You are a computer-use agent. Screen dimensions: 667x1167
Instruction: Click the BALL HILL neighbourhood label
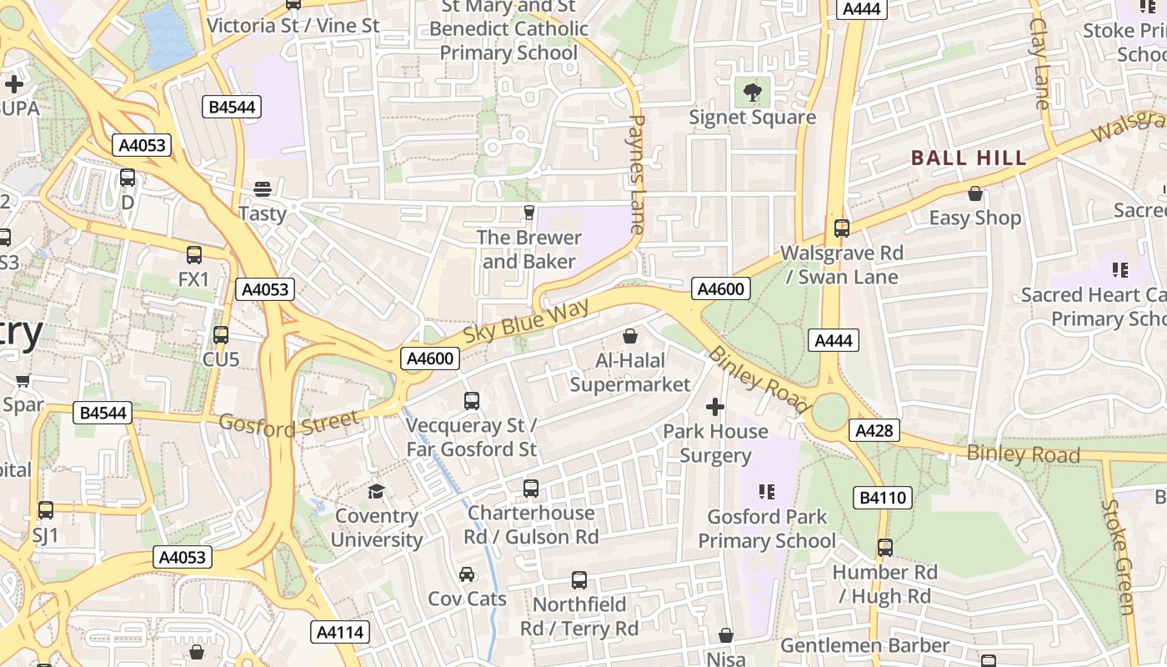[x=969, y=158]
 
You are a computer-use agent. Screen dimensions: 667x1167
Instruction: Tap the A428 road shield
[x=874, y=430]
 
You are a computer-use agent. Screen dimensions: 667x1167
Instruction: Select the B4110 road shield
[x=883, y=498]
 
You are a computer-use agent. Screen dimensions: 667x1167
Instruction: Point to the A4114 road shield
[x=341, y=632]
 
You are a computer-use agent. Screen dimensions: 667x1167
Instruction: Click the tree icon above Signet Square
[x=752, y=91]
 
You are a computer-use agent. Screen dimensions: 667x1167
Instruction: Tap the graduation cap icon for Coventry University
[x=377, y=491]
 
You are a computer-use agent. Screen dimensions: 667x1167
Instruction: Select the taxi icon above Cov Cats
[x=467, y=574]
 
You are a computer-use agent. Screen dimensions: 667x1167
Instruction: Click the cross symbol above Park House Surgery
[x=715, y=407]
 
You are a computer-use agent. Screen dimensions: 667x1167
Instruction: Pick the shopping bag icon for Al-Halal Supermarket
[x=630, y=336]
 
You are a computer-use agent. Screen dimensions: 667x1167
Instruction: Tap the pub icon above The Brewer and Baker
[x=528, y=213]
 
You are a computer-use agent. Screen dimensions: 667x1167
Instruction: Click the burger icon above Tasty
[x=263, y=189]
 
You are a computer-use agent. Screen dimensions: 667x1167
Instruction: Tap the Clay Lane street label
[x=1040, y=63]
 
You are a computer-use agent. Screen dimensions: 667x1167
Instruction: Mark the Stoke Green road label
[x=1118, y=556]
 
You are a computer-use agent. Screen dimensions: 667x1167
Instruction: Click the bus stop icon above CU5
[x=221, y=335]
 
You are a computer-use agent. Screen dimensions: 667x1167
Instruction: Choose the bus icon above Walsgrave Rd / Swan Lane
[x=842, y=228]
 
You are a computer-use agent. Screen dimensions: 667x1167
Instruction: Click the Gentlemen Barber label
[x=864, y=645]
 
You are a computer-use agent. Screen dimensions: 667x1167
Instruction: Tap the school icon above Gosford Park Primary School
[x=767, y=492]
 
